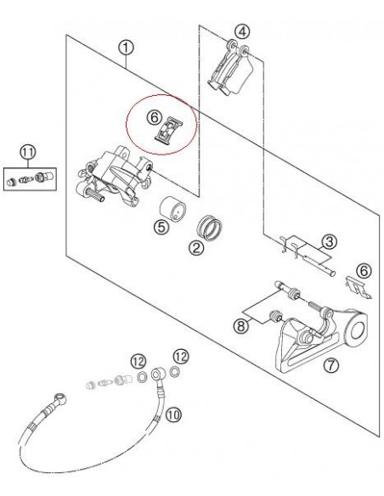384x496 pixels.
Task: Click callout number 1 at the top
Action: (x=127, y=48)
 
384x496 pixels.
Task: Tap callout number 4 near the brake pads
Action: (x=242, y=32)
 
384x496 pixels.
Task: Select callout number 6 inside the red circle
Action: (x=155, y=118)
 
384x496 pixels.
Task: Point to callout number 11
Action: (x=28, y=152)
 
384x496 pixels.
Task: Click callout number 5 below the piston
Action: (x=161, y=227)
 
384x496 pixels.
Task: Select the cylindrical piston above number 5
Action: (x=172, y=209)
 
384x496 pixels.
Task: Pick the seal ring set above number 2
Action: (x=209, y=228)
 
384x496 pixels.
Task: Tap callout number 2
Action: (x=196, y=248)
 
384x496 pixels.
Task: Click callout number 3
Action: (x=330, y=242)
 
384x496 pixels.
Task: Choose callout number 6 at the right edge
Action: (x=364, y=271)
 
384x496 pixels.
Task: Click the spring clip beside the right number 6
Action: (x=358, y=287)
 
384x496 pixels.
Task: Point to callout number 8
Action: (x=241, y=326)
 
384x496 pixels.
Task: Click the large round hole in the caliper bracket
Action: (x=359, y=330)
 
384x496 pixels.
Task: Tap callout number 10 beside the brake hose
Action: (x=173, y=414)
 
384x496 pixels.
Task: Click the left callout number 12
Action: (x=138, y=362)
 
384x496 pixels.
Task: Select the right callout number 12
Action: (x=181, y=357)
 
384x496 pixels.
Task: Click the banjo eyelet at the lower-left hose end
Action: (x=61, y=398)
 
